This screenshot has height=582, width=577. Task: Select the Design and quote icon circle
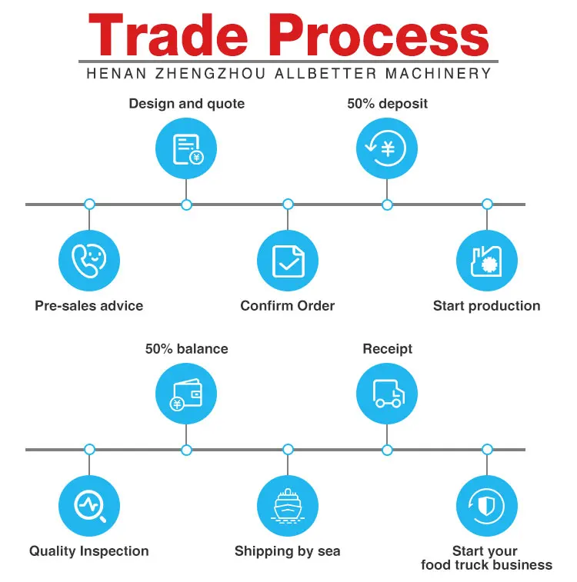point(186,148)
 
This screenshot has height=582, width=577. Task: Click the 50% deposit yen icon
point(387,148)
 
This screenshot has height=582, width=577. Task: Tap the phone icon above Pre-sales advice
point(89,261)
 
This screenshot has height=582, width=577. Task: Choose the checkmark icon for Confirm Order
point(288,261)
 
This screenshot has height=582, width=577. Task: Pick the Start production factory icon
point(487,261)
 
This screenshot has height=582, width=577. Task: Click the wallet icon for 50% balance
point(186,393)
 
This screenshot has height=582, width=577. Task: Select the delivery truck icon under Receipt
point(387,393)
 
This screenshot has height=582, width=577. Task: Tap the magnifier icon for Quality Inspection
point(89,506)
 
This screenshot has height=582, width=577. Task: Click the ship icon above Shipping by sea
point(288,506)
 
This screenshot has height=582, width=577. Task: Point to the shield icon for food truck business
point(487,506)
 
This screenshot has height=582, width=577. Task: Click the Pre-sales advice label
point(89,305)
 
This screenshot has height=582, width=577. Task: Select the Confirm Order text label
point(288,305)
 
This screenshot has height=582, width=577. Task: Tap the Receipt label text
point(387,349)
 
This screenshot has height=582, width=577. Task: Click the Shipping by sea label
point(288,550)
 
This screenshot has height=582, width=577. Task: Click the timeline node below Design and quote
point(186,205)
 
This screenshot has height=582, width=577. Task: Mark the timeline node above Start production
point(487,205)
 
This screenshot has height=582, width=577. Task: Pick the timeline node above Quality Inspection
point(89,449)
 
